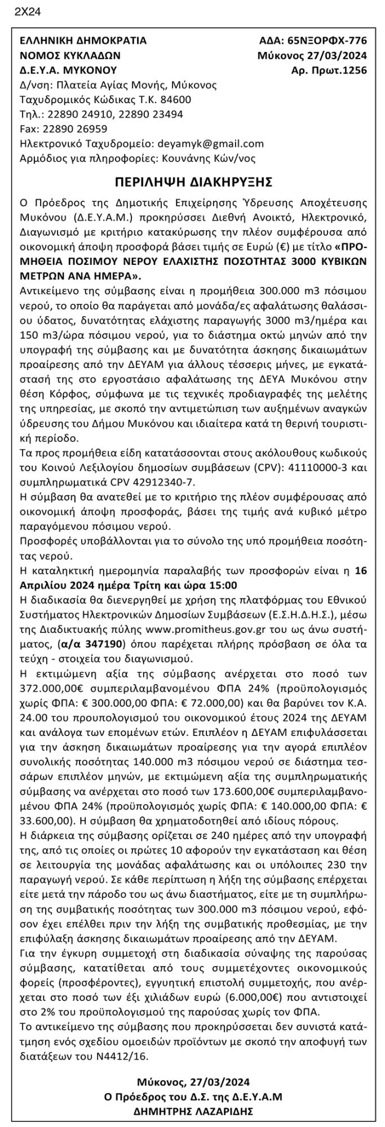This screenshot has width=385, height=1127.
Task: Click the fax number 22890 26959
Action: [74, 128]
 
